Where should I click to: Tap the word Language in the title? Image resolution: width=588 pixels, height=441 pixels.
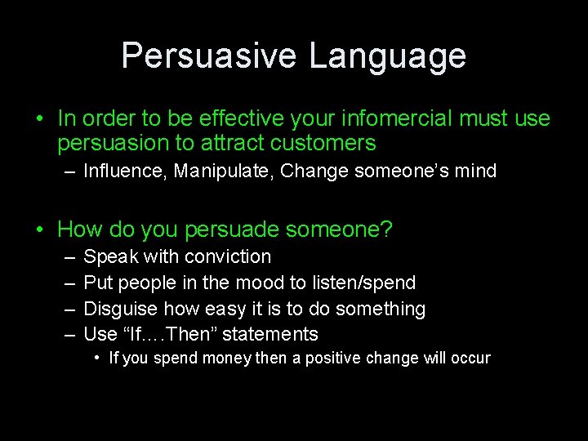tap(388, 56)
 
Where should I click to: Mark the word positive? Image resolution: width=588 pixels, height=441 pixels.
tap(334, 359)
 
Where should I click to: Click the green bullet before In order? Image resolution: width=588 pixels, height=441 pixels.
tap(39, 119)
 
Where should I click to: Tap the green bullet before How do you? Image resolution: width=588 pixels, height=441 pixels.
tap(39, 230)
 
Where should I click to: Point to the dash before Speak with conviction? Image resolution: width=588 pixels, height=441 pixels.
tap(68, 256)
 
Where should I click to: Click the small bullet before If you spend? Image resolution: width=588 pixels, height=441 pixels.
tap(97, 358)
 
